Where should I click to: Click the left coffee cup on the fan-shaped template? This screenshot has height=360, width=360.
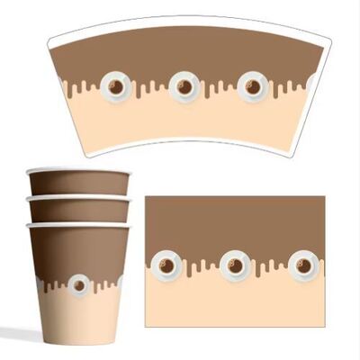tap(115, 87)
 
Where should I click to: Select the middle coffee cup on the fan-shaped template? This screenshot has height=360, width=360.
tap(184, 86)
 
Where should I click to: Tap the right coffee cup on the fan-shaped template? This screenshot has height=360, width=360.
tap(253, 87)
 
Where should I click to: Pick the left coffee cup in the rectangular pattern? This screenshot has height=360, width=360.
tap(166, 265)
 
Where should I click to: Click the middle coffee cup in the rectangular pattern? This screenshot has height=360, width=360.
tap(234, 265)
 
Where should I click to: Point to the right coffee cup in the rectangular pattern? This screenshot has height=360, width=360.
tap(302, 265)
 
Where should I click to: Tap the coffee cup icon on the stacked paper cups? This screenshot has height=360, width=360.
tap(78, 284)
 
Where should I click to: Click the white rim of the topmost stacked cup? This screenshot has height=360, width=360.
tap(78, 170)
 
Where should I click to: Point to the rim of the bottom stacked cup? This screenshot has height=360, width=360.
tap(78, 224)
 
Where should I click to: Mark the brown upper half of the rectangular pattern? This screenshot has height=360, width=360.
tap(234, 220)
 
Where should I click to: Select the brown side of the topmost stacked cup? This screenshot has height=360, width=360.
tap(78, 183)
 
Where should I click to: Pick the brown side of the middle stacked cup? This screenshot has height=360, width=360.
tap(78, 210)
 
